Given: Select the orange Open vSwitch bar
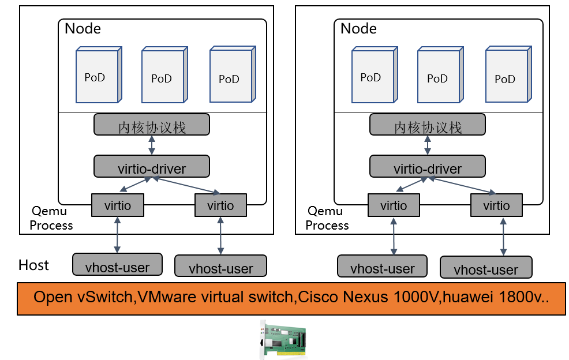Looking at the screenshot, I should pyautogui.click(x=291, y=298).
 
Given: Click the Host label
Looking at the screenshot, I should pyautogui.click(x=33, y=265).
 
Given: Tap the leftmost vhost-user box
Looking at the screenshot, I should pyautogui.click(x=117, y=266).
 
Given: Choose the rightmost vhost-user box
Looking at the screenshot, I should pyautogui.click(x=486, y=268).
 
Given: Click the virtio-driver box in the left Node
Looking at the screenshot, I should pyautogui.click(x=152, y=167).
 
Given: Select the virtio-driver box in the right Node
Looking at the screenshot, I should pyautogui.click(x=428, y=167).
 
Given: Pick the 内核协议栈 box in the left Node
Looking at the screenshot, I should pyautogui.click(x=152, y=126).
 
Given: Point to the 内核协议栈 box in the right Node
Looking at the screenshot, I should pyautogui.click(x=428, y=126).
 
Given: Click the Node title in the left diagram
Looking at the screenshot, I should pyautogui.click(x=83, y=29).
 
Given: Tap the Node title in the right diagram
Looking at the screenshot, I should pyautogui.click(x=358, y=29).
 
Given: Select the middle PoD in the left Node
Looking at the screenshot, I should pyautogui.click(x=163, y=76).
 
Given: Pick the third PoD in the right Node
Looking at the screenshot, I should pyautogui.click(x=507, y=77).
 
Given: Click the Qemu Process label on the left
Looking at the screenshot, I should pyautogui.click(x=51, y=218).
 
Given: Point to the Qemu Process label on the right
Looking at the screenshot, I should pyautogui.click(x=327, y=218).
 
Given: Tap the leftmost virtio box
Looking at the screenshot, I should pyautogui.click(x=118, y=205).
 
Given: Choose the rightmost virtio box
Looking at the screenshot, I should pyautogui.click(x=496, y=205).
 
